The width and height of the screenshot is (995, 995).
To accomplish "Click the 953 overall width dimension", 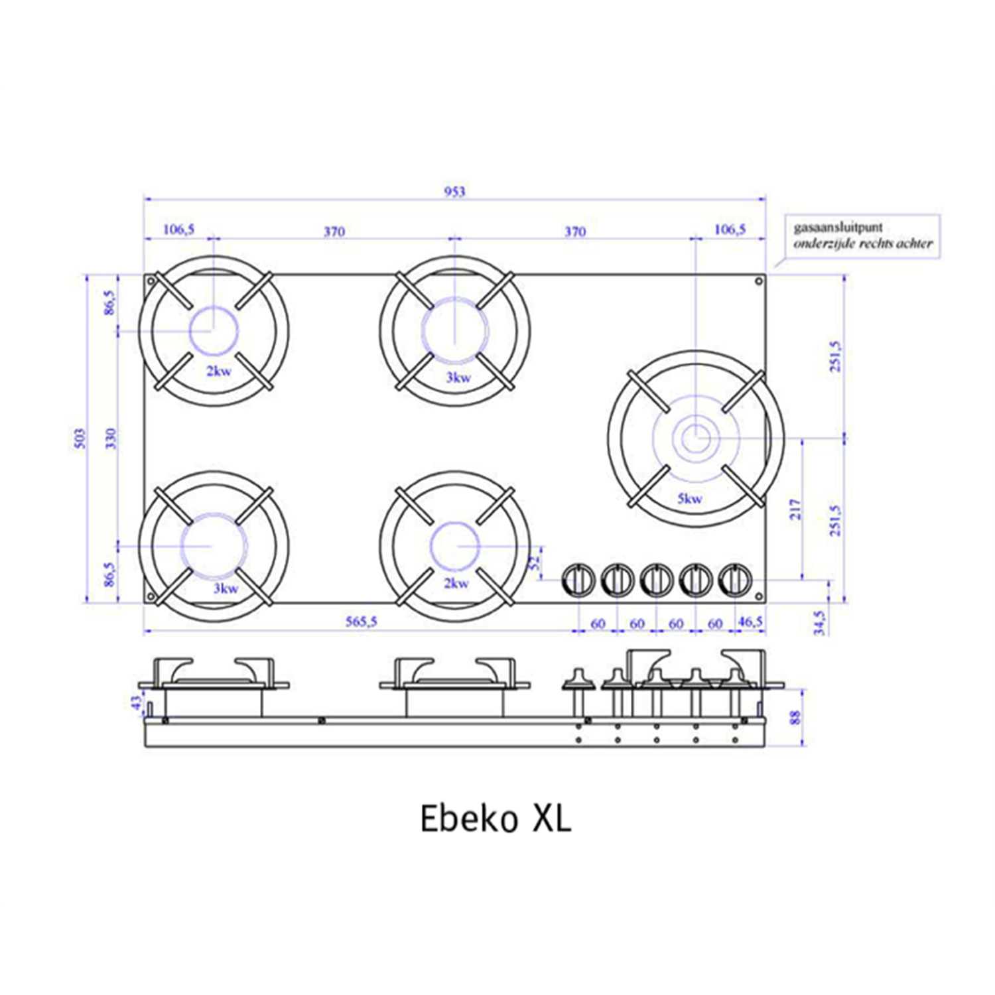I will click(x=454, y=192).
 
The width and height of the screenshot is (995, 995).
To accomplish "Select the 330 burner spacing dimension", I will click(x=111, y=438).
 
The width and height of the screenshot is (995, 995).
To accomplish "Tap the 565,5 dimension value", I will click(x=361, y=622).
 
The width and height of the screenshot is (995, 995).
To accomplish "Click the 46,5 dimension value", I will click(x=750, y=622).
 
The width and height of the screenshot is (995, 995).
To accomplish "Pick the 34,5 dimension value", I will click(x=819, y=622).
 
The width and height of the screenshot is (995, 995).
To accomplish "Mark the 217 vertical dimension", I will click(x=795, y=509).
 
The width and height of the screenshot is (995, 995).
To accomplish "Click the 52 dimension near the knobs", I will click(x=535, y=563).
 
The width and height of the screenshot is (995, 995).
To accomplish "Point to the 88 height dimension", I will click(x=796, y=717).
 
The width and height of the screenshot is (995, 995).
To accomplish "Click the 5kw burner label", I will click(x=689, y=499).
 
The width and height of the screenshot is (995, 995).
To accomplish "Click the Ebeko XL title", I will click(x=496, y=819).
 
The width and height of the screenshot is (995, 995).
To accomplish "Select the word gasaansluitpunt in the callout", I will click(x=838, y=228).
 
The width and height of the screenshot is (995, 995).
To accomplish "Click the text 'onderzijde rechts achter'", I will click(x=863, y=244).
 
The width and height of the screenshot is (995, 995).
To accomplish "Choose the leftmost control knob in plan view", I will click(x=579, y=580).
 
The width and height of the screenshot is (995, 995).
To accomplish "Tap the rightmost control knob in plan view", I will click(x=735, y=580).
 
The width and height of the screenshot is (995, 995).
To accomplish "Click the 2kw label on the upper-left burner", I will click(x=219, y=371).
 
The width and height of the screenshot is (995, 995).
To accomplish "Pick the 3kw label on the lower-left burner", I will click(x=226, y=588).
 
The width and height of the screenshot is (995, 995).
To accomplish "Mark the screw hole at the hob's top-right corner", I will click(x=759, y=282).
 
